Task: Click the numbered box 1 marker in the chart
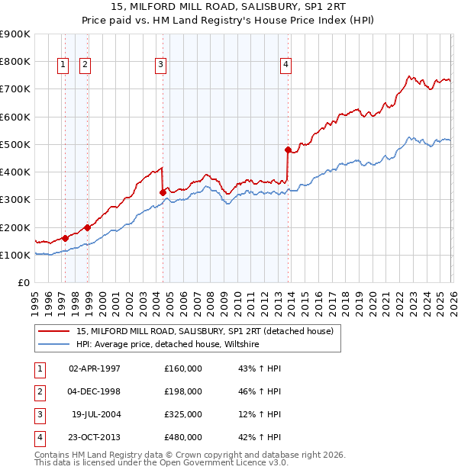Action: coord(62,66)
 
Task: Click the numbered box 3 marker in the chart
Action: coord(160,66)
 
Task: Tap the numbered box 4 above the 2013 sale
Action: coord(285,66)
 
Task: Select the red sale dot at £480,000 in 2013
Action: coord(288,150)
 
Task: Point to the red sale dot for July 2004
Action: coord(163,192)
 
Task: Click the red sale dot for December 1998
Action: coord(88,227)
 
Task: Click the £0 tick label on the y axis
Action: coord(23,283)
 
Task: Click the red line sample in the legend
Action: coord(53,332)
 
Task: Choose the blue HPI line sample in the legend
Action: coord(53,345)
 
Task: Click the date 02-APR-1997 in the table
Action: coord(95,368)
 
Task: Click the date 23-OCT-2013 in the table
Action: coord(95,437)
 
